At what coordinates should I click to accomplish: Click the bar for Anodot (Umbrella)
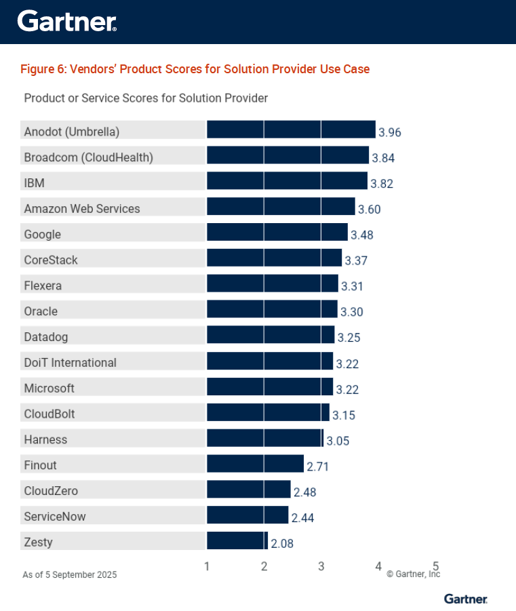[x=291, y=130]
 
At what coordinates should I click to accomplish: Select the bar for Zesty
[x=237, y=541]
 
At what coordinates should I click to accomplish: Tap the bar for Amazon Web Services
[x=281, y=207]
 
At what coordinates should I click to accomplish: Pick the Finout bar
[x=255, y=464]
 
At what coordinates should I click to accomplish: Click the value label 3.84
[x=383, y=158]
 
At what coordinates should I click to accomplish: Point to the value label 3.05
[x=338, y=441]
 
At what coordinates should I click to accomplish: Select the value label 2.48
[x=304, y=492]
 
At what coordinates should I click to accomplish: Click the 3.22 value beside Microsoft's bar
[x=347, y=389]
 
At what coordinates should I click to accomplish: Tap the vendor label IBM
[x=34, y=183]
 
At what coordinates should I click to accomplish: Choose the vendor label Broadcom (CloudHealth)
[x=88, y=157]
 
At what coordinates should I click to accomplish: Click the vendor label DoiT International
[x=70, y=363]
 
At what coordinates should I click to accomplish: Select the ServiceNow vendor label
[x=55, y=517]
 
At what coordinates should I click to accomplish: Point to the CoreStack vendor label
[x=51, y=260]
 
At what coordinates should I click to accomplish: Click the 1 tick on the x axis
[x=207, y=567]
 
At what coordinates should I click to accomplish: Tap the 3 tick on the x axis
[x=321, y=567]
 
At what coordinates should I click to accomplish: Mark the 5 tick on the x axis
[x=436, y=566]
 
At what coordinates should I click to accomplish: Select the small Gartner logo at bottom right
[x=466, y=599]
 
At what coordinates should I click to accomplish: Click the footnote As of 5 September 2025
[x=70, y=575]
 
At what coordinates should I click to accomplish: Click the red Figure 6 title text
[x=195, y=69]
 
